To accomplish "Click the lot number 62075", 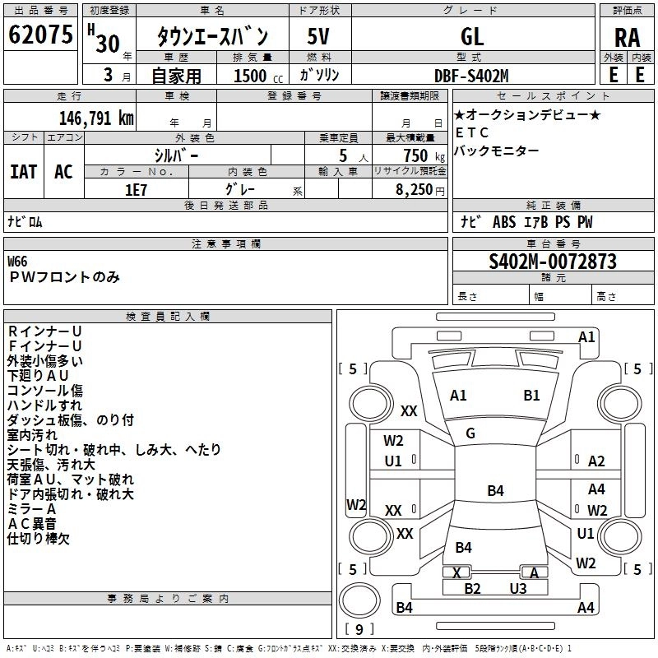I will (39, 35).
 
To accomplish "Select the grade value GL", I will (472, 36).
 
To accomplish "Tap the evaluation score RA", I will (627, 38).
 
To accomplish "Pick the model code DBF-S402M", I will (471, 76).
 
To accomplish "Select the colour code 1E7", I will (136, 188).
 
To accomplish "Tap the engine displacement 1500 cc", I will (249, 76).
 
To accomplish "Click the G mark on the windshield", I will (470, 433).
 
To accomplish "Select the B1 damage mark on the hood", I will (531, 395).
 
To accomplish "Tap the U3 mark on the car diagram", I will (517, 588).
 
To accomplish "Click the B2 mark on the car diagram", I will (472, 588).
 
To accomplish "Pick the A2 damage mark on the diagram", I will (596, 461).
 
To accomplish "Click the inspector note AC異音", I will (32, 524).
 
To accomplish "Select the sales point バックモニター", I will (497, 151).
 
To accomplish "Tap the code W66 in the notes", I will (17, 261).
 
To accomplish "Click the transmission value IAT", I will (24, 171).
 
